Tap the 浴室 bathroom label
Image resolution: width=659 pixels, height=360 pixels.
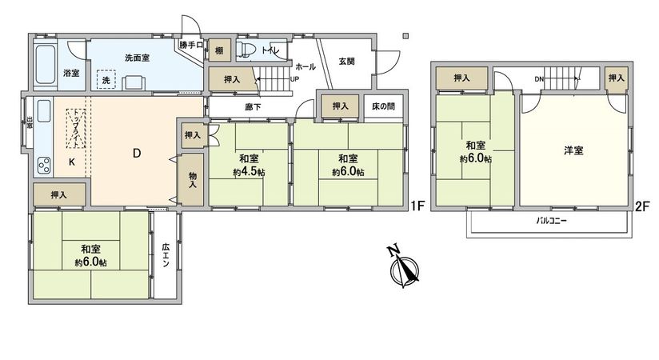71,74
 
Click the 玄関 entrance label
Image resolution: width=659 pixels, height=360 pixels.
346,61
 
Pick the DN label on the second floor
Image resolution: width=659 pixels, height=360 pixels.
539,79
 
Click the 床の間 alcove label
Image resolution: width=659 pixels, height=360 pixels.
382,106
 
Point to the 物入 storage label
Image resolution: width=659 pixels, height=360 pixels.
193,180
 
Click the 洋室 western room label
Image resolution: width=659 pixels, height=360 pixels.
573,150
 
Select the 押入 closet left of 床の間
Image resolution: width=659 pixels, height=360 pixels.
340,106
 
